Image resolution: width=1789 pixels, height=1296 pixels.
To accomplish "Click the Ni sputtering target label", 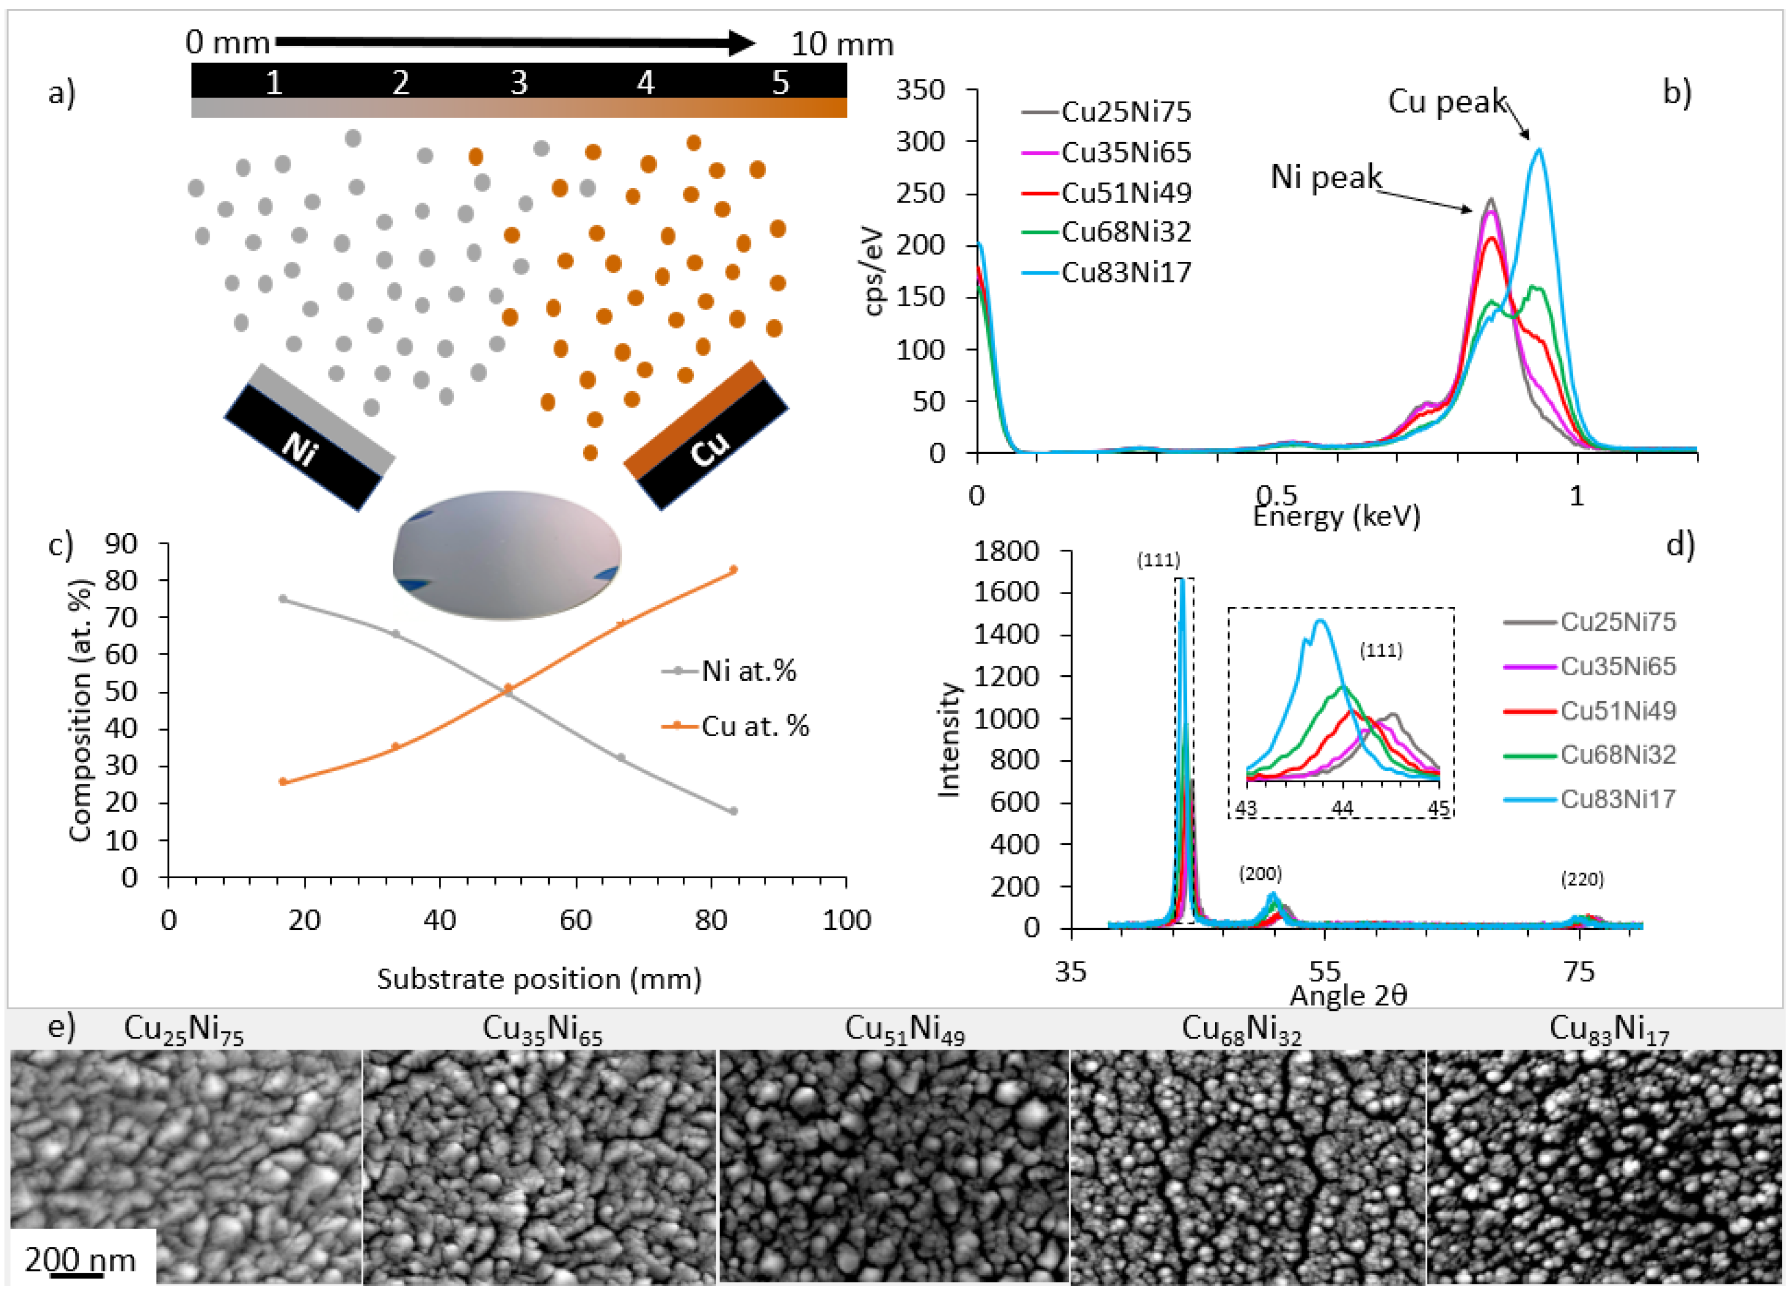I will [300, 449].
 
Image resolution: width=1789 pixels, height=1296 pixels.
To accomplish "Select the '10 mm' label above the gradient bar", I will [842, 44].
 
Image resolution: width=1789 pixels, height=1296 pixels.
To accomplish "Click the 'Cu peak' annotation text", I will [1447, 102].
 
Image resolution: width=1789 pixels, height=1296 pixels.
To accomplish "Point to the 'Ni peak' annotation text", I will [1325, 176].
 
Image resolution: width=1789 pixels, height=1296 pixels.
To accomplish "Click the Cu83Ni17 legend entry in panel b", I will [1126, 272].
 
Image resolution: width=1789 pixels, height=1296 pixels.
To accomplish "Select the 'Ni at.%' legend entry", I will [748, 671].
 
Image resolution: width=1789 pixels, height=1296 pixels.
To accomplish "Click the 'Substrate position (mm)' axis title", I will [539, 978].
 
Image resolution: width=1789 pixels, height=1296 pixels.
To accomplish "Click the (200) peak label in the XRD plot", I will [1260, 873].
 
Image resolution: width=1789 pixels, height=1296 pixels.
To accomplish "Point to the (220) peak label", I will [1582, 879].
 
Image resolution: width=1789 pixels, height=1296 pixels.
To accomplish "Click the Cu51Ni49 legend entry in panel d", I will [1617, 710].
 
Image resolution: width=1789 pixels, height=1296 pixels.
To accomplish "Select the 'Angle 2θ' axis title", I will [1347, 995].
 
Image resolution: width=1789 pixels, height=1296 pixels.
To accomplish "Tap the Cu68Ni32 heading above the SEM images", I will [1241, 1029].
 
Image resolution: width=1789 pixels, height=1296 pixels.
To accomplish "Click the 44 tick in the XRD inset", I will [1342, 808].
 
